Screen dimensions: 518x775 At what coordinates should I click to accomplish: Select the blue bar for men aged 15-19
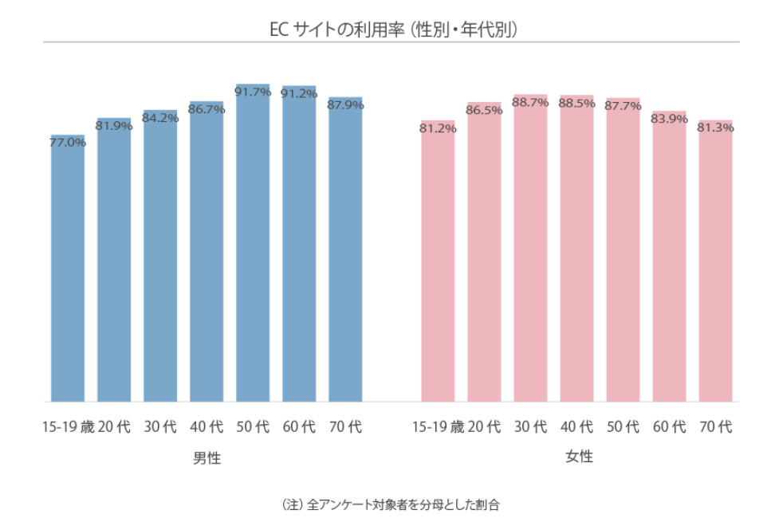click(68, 271)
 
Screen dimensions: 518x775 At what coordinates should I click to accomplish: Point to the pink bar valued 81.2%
click(438, 263)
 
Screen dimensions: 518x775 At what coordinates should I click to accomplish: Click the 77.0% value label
click(68, 143)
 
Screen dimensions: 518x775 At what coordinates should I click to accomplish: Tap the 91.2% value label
click(299, 93)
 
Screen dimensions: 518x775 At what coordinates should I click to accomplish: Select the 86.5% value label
click(484, 110)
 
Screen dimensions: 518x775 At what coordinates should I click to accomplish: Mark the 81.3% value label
click(715, 128)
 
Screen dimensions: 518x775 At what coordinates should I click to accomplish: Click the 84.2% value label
click(160, 118)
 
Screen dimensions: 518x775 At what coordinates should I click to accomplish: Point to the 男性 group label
click(207, 458)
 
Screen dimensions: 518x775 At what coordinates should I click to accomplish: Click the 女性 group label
click(579, 457)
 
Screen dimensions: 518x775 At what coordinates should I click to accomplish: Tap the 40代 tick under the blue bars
click(207, 427)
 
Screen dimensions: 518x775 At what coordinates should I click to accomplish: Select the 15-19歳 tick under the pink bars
click(438, 427)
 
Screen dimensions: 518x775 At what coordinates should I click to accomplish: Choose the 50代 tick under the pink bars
click(623, 427)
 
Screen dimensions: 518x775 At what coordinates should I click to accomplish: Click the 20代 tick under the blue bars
click(114, 427)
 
